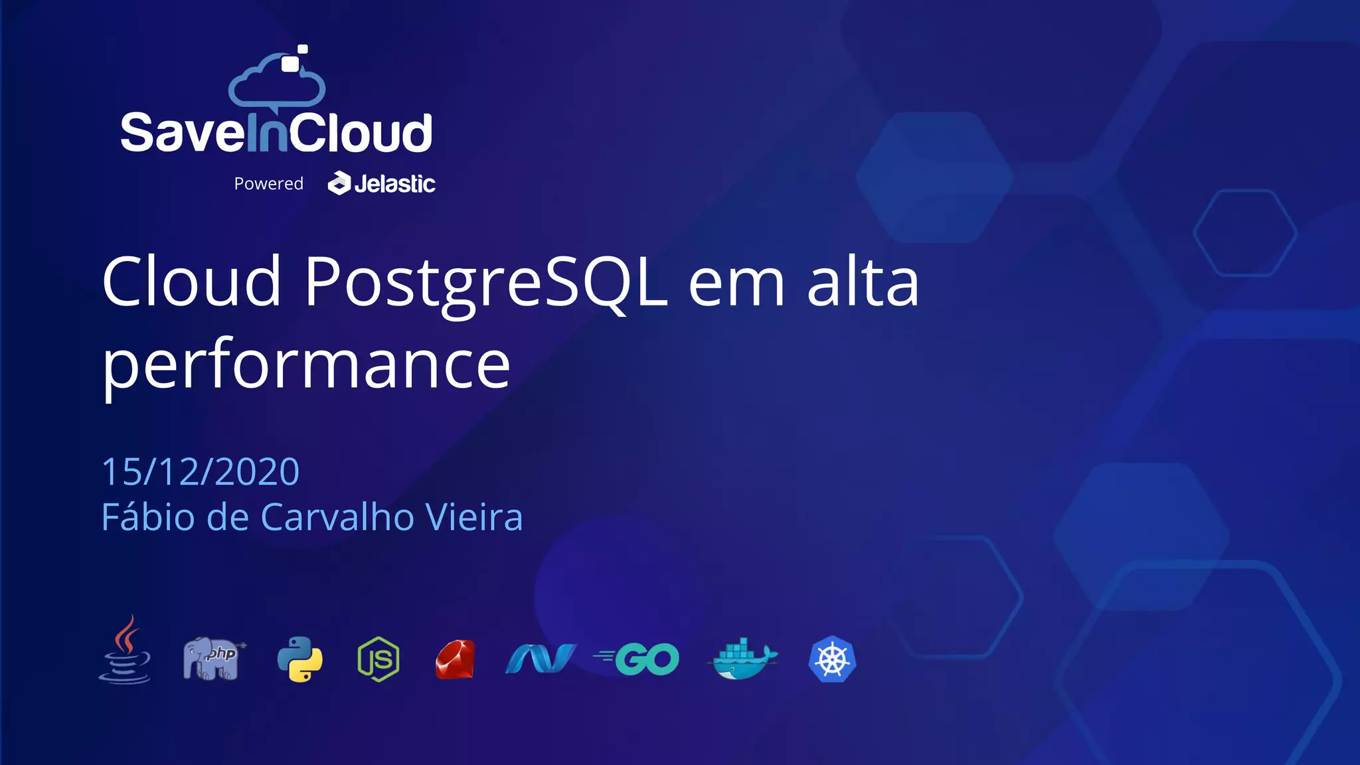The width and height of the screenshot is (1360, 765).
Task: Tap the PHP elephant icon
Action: [211, 658]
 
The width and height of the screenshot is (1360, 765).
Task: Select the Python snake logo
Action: [299, 659]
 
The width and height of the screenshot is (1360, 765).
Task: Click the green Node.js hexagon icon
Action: [379, 659]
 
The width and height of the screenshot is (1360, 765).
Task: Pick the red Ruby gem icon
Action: [456, 659]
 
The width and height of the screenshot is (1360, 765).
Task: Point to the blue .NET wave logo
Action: [541, 659]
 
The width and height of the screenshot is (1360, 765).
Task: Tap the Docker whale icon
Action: [744, 659]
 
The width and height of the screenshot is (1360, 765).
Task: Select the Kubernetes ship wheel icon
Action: [832, 659]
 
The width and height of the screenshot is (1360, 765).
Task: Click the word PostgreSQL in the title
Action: [485, 283]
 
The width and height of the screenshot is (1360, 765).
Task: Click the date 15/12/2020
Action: [201, 471]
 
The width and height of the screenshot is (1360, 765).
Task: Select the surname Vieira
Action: [473, 517]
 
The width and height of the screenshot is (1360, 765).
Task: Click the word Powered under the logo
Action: [268, 184]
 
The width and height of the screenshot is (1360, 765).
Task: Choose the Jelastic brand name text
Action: [394, 184]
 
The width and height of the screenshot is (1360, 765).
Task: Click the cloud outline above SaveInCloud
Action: [276, 83]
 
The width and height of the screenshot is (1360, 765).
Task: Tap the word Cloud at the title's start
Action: [192, 283]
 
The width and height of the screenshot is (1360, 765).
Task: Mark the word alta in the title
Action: [863, 283]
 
